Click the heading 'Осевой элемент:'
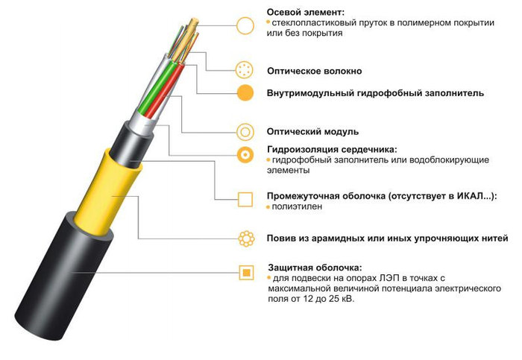coord(305,13)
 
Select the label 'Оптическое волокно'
coord(314,71)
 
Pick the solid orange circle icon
coord(245,93)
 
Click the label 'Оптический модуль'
coord(312,132)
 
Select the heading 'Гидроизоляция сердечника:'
coord(332,149)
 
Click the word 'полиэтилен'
coord(297,206)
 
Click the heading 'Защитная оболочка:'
coord(315,268)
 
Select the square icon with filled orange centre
coord(246,273)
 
